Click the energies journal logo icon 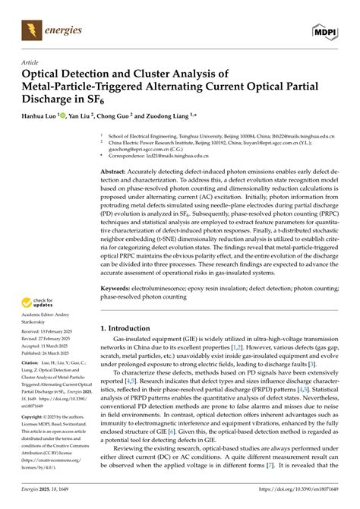(32, 31)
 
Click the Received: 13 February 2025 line (52, 333)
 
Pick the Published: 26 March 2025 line (50, 353)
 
